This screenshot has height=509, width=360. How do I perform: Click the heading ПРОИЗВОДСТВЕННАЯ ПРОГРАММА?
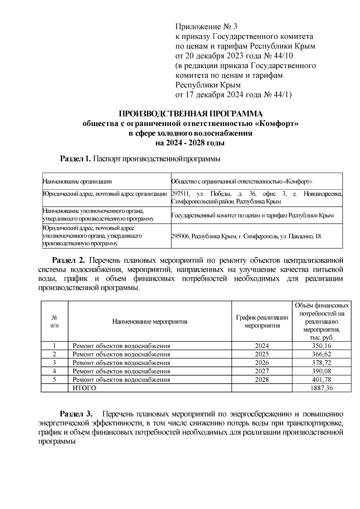click(190, 114)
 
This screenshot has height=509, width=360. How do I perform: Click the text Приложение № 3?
click(206, 27)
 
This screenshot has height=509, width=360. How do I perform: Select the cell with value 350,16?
click(321, 346)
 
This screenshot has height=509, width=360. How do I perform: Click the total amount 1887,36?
click(321, 388)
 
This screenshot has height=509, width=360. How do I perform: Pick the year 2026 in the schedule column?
click(262, 363)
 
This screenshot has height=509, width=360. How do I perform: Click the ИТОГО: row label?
click(85, 388)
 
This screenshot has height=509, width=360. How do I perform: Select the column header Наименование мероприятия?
click(150, 322)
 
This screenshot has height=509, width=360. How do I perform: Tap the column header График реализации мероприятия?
click(262, 321)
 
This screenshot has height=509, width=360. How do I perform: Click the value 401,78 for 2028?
click(321, 379)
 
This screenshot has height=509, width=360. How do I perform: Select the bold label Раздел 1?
click(75, 159)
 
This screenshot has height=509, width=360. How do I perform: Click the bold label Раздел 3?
click(76, 414)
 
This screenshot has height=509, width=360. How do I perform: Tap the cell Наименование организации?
click(77, 181)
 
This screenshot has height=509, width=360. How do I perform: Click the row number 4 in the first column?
click(54, 371)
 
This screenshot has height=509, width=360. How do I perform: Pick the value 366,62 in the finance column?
click(321, 354)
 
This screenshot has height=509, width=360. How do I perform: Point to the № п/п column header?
click(54, 321)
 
